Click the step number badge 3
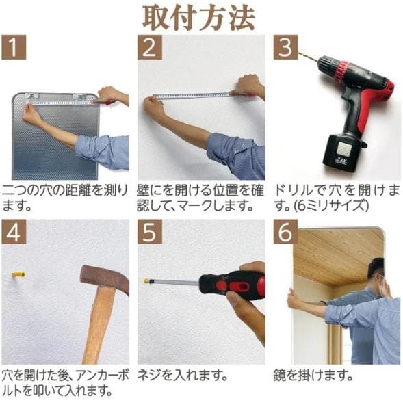click(285, 47)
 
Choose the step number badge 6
click(285, 232)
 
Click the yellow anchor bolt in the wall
click(18, 275)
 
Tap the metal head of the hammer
click(103, 276)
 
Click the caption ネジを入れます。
click(181, 376)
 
